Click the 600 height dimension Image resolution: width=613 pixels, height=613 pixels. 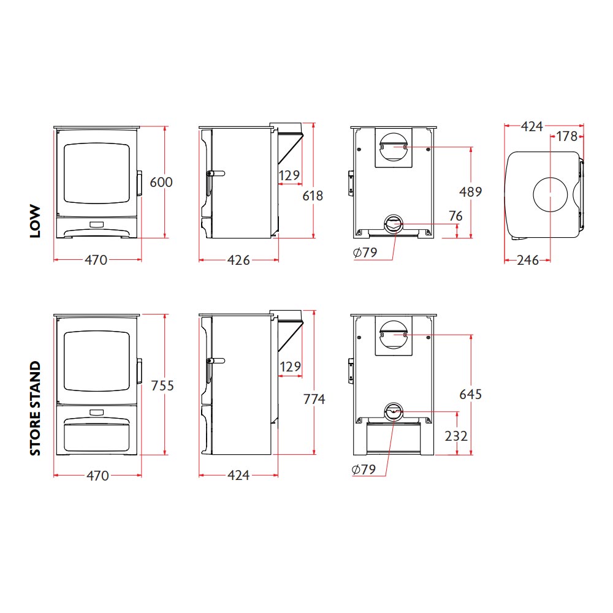(161, 182)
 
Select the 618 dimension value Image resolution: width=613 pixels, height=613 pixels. (313, 196)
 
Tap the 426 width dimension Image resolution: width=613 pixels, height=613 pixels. (238, 260)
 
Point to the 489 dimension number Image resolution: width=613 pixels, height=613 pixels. (470, 191)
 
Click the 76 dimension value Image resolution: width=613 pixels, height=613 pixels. (455, 216)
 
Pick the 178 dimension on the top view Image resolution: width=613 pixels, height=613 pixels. (567, 136)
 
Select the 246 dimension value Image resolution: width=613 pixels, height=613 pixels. (527, 260)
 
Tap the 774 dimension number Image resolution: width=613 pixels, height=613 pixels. (314, 399)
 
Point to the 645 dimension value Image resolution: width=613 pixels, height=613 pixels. (470, 394)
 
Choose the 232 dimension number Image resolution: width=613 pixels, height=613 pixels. (456, 436)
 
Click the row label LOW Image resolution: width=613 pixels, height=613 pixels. (36, 221)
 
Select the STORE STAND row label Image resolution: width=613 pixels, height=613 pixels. (36, 408)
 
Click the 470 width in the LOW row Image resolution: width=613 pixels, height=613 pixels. (96, 260)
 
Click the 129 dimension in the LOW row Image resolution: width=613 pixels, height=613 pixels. (290, 176)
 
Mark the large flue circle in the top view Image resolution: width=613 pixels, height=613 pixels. (550, 196)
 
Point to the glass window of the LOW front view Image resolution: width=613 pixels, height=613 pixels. (97, 174)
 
